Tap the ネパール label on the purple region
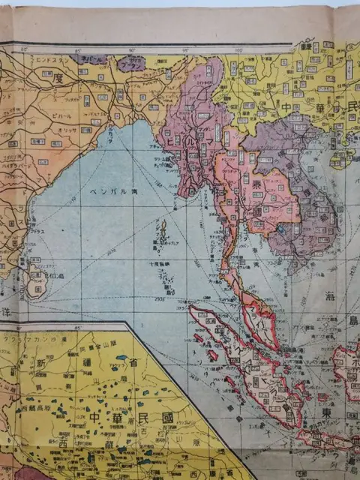click(93, 58)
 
